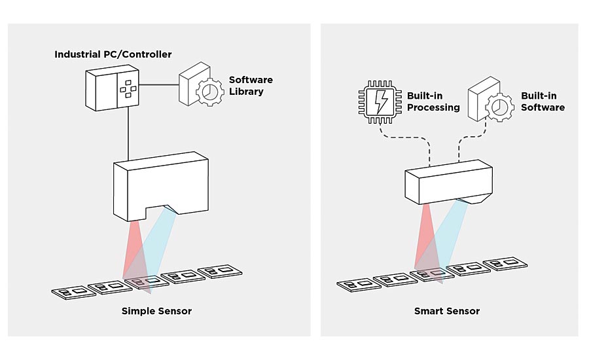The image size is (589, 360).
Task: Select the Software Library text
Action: (x=251, y=86)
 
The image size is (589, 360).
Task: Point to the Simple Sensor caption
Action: (x=156, y=311)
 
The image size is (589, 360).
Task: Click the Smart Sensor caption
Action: (x=447, y=311)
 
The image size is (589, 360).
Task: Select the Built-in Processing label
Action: (x=434, y=102)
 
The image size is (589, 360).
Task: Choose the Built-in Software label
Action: (x=543, y=102)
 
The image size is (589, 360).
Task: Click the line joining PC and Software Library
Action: (x=158, y=84)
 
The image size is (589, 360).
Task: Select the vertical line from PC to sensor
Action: (x=128, y=137)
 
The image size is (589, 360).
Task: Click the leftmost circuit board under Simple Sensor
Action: (x=70, y=291)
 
